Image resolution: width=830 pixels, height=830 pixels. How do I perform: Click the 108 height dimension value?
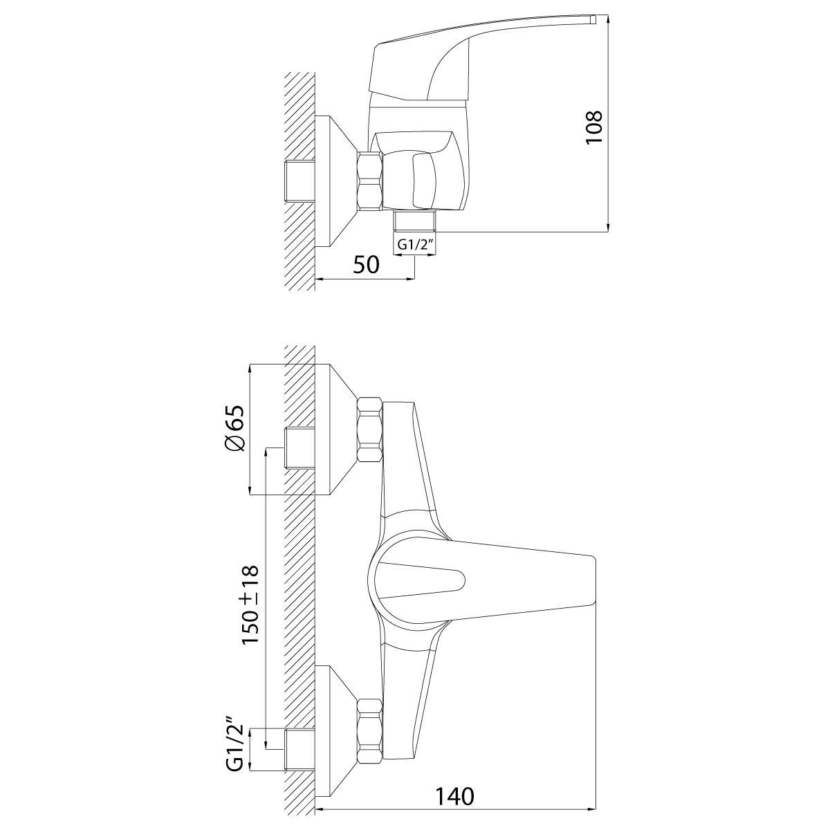[594, 128]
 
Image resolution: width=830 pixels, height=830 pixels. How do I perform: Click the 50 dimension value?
[366, 264]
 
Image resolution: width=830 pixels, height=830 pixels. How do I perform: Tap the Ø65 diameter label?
[234, 428]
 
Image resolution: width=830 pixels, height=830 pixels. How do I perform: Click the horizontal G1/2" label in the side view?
[414, 245]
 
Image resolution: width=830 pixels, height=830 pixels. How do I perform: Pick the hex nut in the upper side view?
[369, 181]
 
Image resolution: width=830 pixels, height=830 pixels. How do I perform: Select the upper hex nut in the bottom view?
[370, 430]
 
